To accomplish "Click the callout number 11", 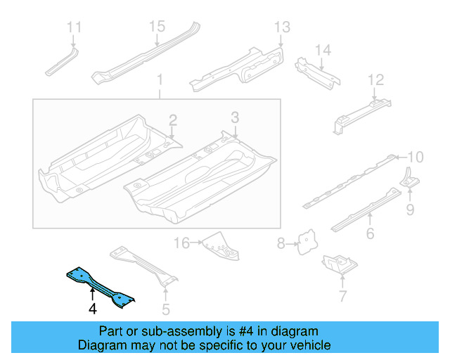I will [75, 27].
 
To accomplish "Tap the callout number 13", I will [281, 27].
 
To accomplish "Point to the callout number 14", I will [322, 50].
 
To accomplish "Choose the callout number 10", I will [416, 157].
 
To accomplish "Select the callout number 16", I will [182, 243].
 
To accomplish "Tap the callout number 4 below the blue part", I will [92, 308].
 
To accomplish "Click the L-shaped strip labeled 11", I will [62, 63].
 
